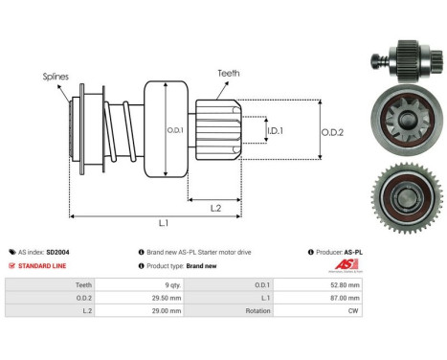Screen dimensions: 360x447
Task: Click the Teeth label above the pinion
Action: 229,72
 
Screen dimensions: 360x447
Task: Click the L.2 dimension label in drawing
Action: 216,208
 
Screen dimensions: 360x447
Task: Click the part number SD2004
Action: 56,252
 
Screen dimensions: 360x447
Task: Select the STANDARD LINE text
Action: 42,265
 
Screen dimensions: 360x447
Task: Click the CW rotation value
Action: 354,311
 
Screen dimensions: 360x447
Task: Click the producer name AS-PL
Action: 355,252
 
